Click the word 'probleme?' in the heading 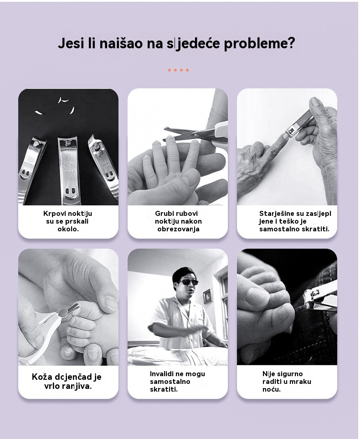[x=259, y=44]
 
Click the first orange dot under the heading [x=170, y=70]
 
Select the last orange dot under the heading [x=187, y=70]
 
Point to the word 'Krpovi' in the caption [x=53, y=214]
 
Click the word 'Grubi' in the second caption [x=164, y=213]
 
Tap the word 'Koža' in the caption [x=42, y=377]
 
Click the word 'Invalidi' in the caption [x=162, y=374]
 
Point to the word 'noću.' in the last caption [x=272, y=389]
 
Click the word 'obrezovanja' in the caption [x=178, y=229]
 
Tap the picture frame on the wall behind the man [x=207, y=296]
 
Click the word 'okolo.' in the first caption [x=68, y=229]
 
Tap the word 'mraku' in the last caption [x=300, y=382]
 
